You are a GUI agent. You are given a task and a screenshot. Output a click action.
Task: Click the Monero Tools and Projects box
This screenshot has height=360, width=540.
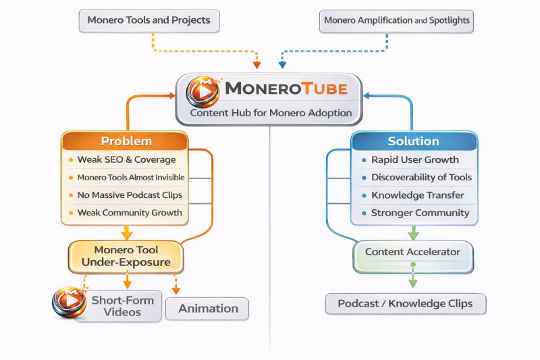(149, 20)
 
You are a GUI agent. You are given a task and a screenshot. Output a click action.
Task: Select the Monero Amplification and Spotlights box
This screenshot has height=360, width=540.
(396, 20)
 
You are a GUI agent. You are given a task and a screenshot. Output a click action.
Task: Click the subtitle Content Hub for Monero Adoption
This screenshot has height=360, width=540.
(271, 113)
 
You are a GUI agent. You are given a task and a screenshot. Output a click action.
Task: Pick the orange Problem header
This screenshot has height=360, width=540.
(126, 141)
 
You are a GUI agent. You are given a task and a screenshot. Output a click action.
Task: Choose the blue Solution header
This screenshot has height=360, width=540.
(413, 141)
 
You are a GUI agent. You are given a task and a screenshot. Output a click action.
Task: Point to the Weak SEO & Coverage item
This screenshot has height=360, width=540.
(126, 159)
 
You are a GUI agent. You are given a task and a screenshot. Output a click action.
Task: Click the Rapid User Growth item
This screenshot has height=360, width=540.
(414, 160)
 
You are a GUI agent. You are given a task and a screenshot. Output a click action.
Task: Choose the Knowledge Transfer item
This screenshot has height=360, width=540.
(417, 195)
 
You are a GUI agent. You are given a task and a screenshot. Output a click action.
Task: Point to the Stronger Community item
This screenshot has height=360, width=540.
(420, 213)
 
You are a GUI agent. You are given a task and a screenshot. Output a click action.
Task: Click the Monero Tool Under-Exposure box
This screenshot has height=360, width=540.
(127, 256)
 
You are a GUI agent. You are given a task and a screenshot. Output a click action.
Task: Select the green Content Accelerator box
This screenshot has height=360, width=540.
(412, 252)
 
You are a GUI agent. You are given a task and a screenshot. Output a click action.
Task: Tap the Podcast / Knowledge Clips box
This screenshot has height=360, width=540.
(405, 303)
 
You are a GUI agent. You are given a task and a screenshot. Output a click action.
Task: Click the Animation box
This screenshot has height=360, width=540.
(208, 309)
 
